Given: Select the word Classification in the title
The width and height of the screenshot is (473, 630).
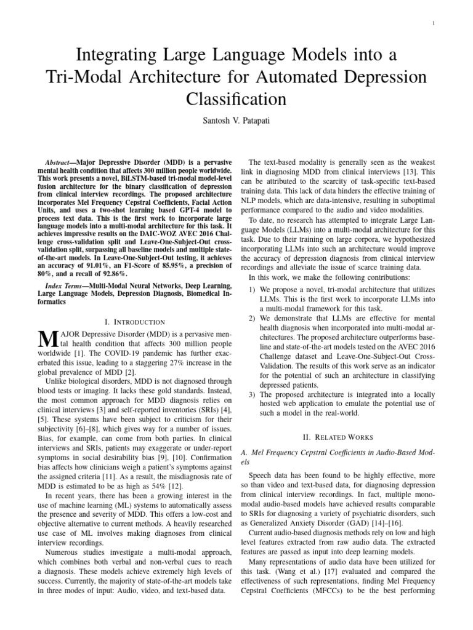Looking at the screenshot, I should [x=236, y=98].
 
